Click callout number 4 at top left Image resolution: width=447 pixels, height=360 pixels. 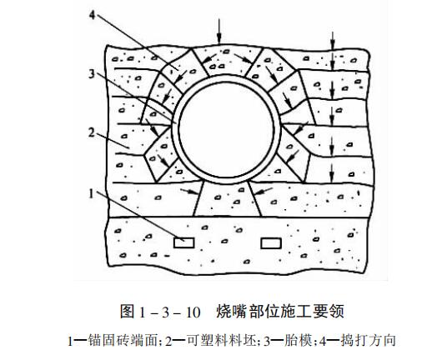[92, 15]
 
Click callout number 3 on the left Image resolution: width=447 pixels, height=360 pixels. [91, 74]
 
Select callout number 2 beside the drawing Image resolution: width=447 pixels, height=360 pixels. [91, 132]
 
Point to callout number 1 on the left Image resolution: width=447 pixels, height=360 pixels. [91, 193]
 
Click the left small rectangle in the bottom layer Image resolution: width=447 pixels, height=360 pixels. [184, 243]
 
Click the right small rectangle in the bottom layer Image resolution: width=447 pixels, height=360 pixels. [271, 243]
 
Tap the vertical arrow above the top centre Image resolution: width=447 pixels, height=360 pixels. [219, 32]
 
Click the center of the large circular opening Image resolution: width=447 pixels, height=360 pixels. [227, 128]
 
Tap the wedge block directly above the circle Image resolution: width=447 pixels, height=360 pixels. [227, 61]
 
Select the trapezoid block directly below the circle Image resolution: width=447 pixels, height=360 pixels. [227, 199]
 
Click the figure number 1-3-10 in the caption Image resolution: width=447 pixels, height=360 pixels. [170, 312]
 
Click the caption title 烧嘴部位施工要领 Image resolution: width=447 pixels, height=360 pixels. [280, 312]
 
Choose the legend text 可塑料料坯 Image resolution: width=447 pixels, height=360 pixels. [222, 340]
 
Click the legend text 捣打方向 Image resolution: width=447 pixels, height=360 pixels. [369, 340]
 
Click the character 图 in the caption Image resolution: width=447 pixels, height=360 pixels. [127, 312]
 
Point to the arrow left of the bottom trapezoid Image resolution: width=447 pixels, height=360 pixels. [189, 192]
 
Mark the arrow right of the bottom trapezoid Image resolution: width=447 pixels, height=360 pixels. [263, 191]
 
